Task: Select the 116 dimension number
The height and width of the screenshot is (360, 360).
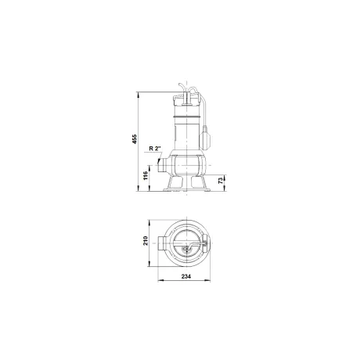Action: point(146,175)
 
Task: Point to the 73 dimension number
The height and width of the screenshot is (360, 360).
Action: point(221,181)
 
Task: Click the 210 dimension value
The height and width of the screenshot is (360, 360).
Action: point(146,240)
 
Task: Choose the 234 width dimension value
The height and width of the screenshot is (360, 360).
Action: point(186,276)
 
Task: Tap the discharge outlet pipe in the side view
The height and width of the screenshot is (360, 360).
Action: point(163,165)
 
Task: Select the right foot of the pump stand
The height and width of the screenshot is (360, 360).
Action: point(199,184)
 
